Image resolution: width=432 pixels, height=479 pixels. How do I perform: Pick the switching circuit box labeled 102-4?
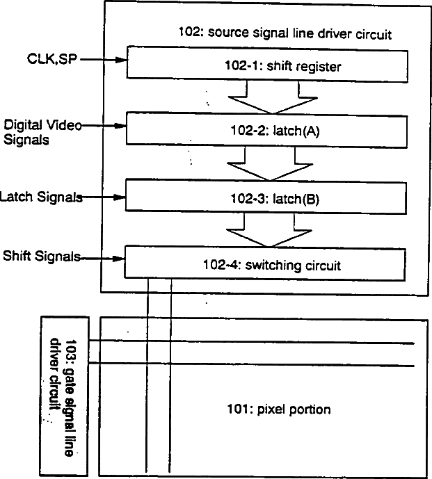tap(264, 263)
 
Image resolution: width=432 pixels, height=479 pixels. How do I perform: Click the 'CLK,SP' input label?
tap(48, 61)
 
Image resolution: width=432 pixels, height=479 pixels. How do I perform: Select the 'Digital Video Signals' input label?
tap(42, 131)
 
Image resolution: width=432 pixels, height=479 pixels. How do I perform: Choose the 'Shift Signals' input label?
tap(41, 257)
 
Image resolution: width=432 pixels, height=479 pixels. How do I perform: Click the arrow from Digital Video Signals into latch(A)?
tap(104, 126)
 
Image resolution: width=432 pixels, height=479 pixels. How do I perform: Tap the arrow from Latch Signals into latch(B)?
tap(104, 197)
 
